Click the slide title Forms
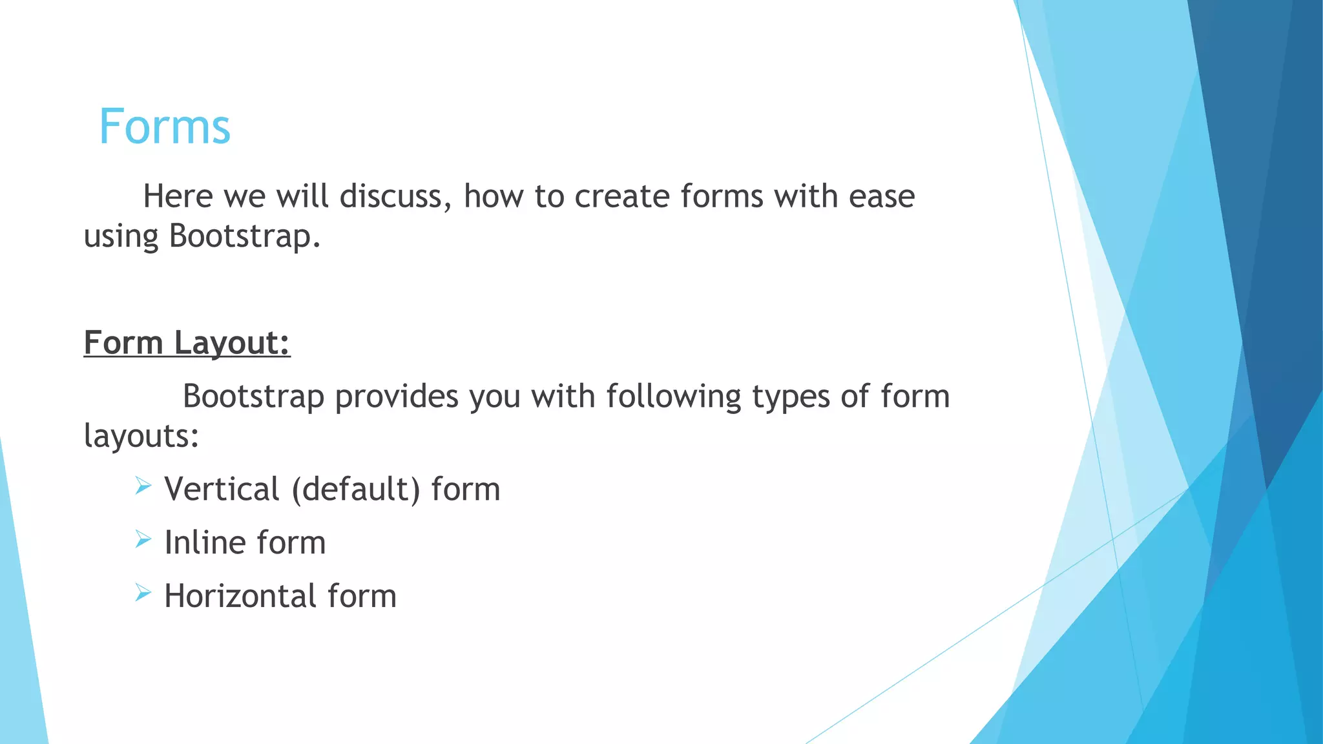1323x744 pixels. pyautogui.click(x=165, y=127)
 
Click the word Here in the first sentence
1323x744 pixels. pyautogui.click(x=178, y=196)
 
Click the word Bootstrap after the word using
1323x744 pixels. pyautogui.click(x=244, y=236)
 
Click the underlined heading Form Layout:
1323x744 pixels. pyautogui.click(x=187, y=342)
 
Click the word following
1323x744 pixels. pyautogui.click(x=674, y=397)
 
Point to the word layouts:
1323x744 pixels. pyautogui.click(x=141, y=437)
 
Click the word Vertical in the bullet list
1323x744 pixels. pyautogui.click(x=222, y=489)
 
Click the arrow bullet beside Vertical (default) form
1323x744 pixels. pyautogui.click(x=143, y=486)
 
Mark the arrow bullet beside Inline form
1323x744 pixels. pyautogui.click(x=143, y=539)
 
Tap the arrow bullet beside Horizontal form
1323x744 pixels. pyautogui.click(x=143, y=593)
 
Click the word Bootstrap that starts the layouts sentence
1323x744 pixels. pyautogui.click(x=253, y=397)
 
